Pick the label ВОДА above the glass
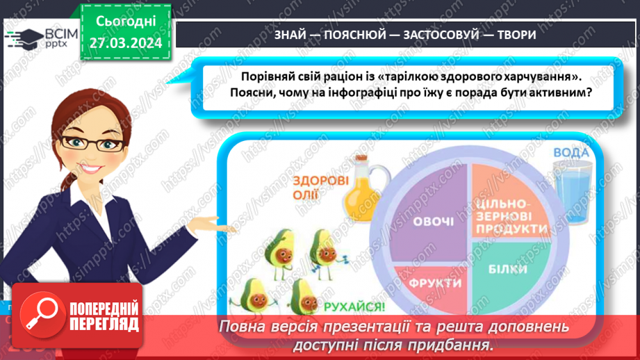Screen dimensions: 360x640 click(x=572, y=152)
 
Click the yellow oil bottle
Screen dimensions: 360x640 click(x=363, y=188)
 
